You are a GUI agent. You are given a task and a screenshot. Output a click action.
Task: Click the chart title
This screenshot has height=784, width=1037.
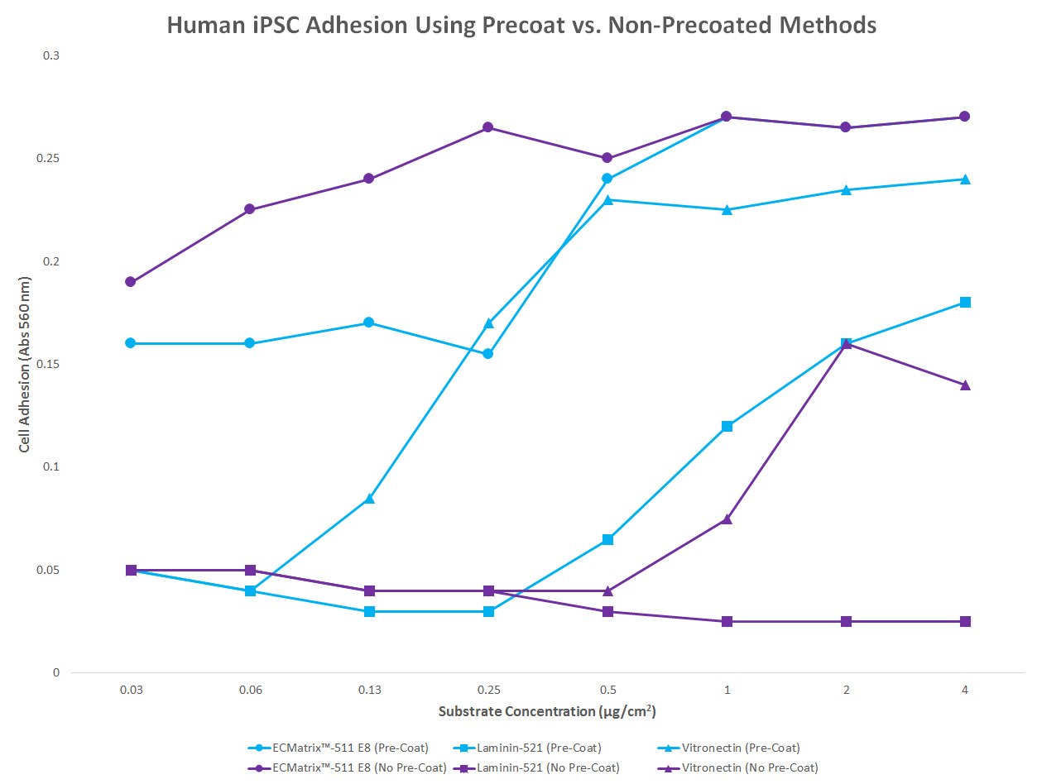[521, 25]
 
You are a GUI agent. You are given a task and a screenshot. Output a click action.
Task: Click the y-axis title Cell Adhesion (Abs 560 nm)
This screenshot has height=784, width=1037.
[26, 364]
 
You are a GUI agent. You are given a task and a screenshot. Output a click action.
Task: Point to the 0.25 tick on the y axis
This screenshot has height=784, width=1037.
[50, 159]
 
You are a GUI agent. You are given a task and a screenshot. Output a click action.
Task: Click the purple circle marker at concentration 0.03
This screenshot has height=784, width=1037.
[131, 282]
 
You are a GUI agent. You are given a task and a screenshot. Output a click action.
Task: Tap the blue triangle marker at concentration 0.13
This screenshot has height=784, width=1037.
[369, 499]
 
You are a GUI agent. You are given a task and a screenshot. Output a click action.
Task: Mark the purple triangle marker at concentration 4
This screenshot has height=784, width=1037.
[965, 385]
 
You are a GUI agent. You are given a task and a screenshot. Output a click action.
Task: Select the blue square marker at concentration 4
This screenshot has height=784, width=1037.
[965, 303]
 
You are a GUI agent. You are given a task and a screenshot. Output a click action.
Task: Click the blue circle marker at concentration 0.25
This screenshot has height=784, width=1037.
[488, 354]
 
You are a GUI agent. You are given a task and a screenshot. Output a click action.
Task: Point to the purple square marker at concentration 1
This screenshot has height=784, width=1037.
[727, 621]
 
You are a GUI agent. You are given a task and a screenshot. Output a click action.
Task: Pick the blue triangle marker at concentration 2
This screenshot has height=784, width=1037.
[846, 189]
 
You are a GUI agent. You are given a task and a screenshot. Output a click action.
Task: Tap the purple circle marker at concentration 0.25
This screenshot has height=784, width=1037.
[488, 127]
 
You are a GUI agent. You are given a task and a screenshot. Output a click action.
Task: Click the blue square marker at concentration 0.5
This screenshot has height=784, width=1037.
[607, 539]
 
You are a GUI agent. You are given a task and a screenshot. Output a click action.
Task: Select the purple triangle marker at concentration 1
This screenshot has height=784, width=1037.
[727, 519]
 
